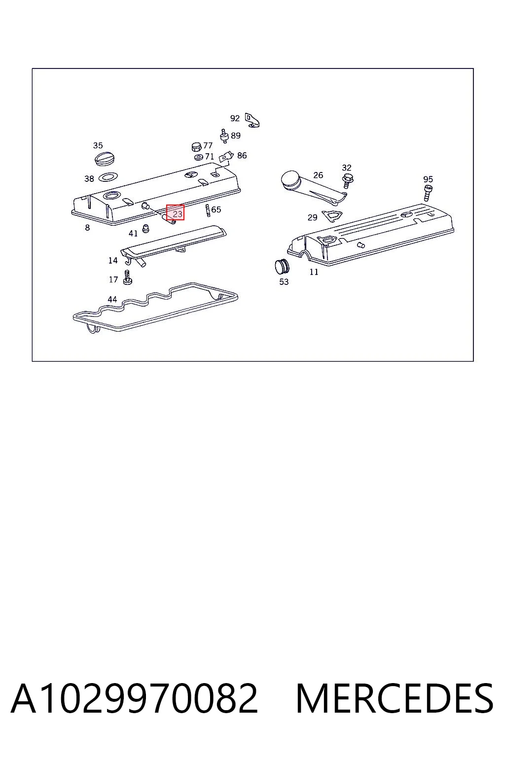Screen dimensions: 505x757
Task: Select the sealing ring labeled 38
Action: (x=108, y=176)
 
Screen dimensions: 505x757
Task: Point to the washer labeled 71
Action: (x=199, y=157)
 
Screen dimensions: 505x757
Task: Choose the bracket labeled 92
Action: (x=252, y=120)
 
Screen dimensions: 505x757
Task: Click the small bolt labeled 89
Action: (x=223, y=136)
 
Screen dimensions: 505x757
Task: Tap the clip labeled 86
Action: (x=226, y=157)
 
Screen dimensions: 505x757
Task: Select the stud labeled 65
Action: (x=208, y=210)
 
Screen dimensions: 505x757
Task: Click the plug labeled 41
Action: (x=146, y=228)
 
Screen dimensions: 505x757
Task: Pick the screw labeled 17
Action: (x=127, y=277)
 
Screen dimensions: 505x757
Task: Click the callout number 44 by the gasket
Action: (x=112, y=299)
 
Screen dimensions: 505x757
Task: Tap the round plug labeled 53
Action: (x=282, y=266)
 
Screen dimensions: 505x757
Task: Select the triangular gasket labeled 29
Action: (x=332, y=216)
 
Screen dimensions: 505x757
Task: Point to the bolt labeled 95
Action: (x=428, y=193)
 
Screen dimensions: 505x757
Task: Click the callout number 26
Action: (x=318, y=175)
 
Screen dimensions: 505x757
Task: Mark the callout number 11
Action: (x=314, y=272)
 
